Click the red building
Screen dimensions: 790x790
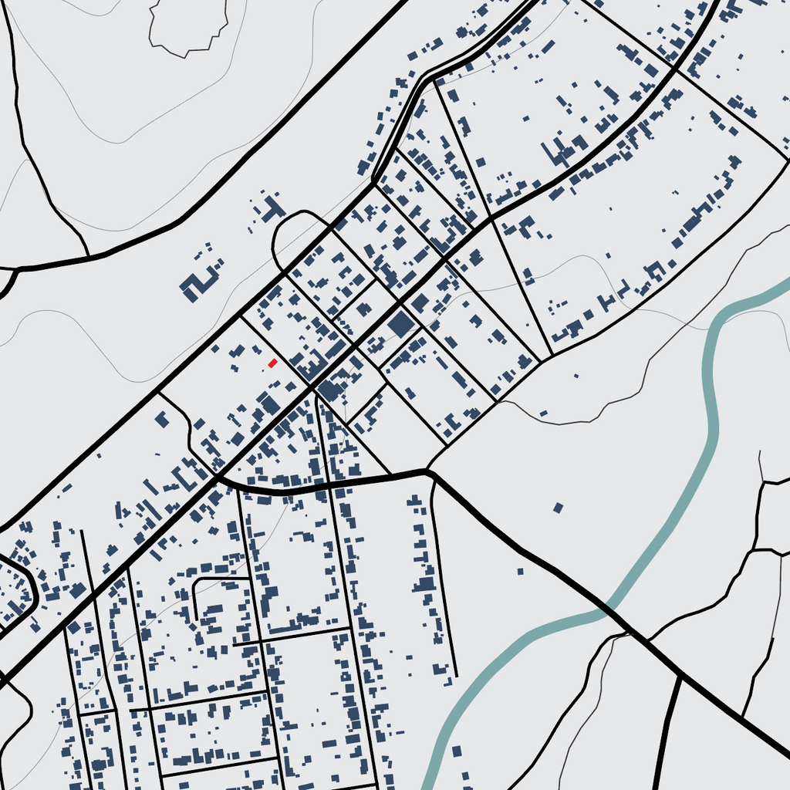(x=272, y=363)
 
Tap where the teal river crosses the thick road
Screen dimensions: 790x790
(x=609, y=609)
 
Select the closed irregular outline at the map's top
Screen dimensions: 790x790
(x=188, y=27)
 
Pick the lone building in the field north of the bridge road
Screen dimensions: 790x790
(x=559, y=508)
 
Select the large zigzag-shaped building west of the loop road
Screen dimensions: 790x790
(x=199, y=282)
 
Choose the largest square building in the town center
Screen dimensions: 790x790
(x=401, y=324)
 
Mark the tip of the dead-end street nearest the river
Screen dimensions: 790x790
(x=456, y=676)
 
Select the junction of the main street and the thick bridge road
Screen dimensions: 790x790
(x=218, y=478)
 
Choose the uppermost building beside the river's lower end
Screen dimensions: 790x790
(x=457, y=751)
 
